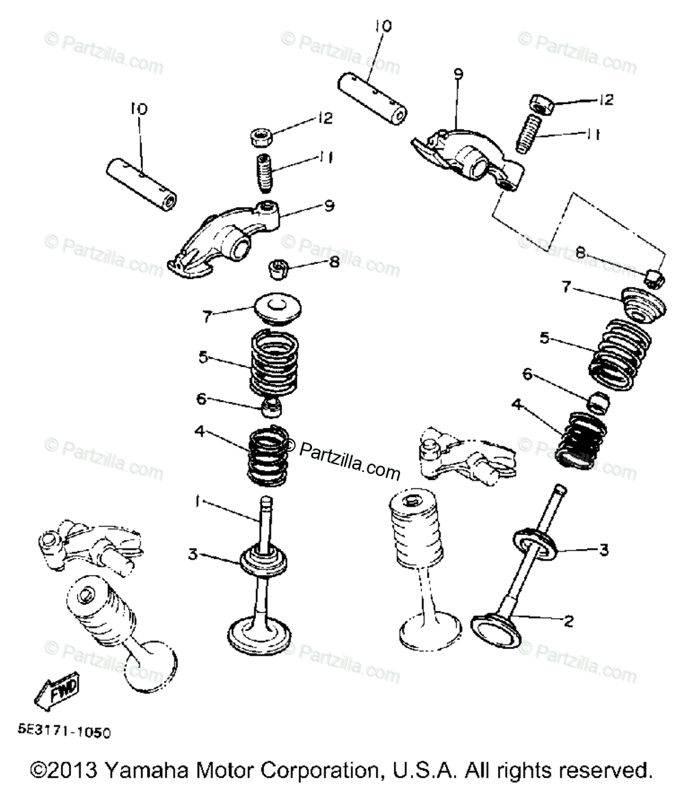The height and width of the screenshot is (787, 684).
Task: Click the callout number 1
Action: [197, 503]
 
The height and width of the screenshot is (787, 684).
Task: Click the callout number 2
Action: [568, 622]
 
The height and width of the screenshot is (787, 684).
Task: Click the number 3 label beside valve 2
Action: [603, 549]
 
